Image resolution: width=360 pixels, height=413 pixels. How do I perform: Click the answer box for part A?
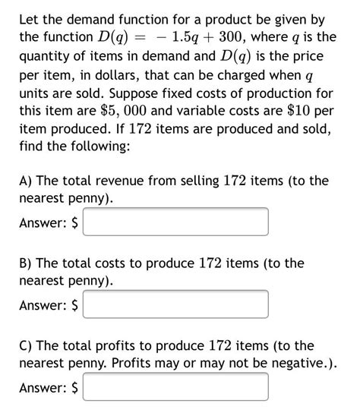tap(175, 222)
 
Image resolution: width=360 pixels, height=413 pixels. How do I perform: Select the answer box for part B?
tap(175, 304)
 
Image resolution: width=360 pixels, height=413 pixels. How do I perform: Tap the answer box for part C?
tap(175, 387)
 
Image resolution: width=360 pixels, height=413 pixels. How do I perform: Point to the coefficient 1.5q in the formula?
tap(189, 36)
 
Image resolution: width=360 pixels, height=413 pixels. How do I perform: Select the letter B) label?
tap(26, 263)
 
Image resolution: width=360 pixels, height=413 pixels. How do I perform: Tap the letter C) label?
tap(26, 345)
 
